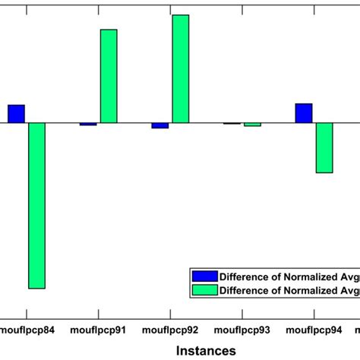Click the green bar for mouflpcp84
(x=36, y=205)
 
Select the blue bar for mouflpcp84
(x=16, y=114)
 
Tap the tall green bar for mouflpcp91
(x=109, y=76)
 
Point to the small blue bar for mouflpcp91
(x=88, y=124)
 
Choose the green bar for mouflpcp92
(x=180, y=68)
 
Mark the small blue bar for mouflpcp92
(x=159, y=125)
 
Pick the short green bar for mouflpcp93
(x=252, y=125)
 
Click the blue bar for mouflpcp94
(x=303, y=113)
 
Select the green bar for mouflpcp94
(x=324, y=147)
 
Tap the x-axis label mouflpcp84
(x=26, y=331)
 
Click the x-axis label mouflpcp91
(x=99, y=331)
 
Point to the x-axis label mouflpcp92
(x=170, y=331)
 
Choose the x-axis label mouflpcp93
(x=242, y=331)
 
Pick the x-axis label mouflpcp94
(x=314, y=331)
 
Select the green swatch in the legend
(x=204, y=289)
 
